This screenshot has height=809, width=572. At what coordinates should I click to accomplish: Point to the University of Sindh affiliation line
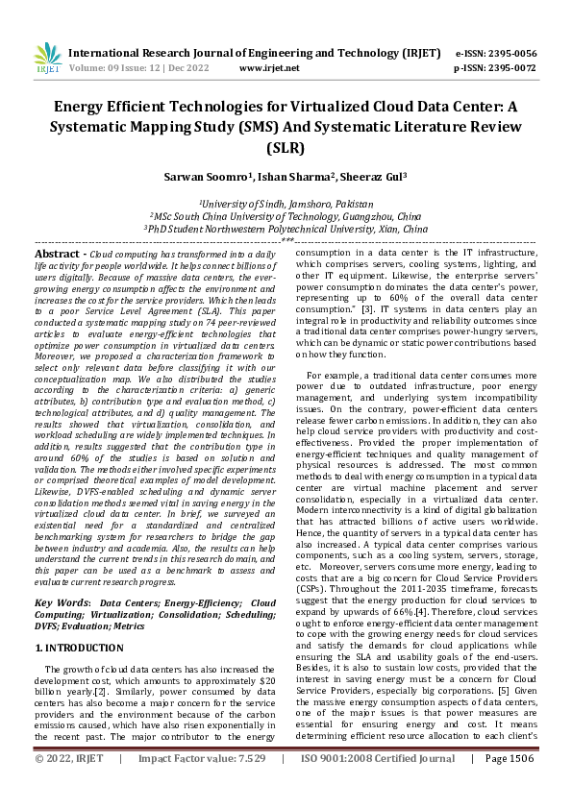[x=286, y=204]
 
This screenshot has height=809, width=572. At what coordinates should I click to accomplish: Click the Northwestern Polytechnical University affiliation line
[x=286, y=231]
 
